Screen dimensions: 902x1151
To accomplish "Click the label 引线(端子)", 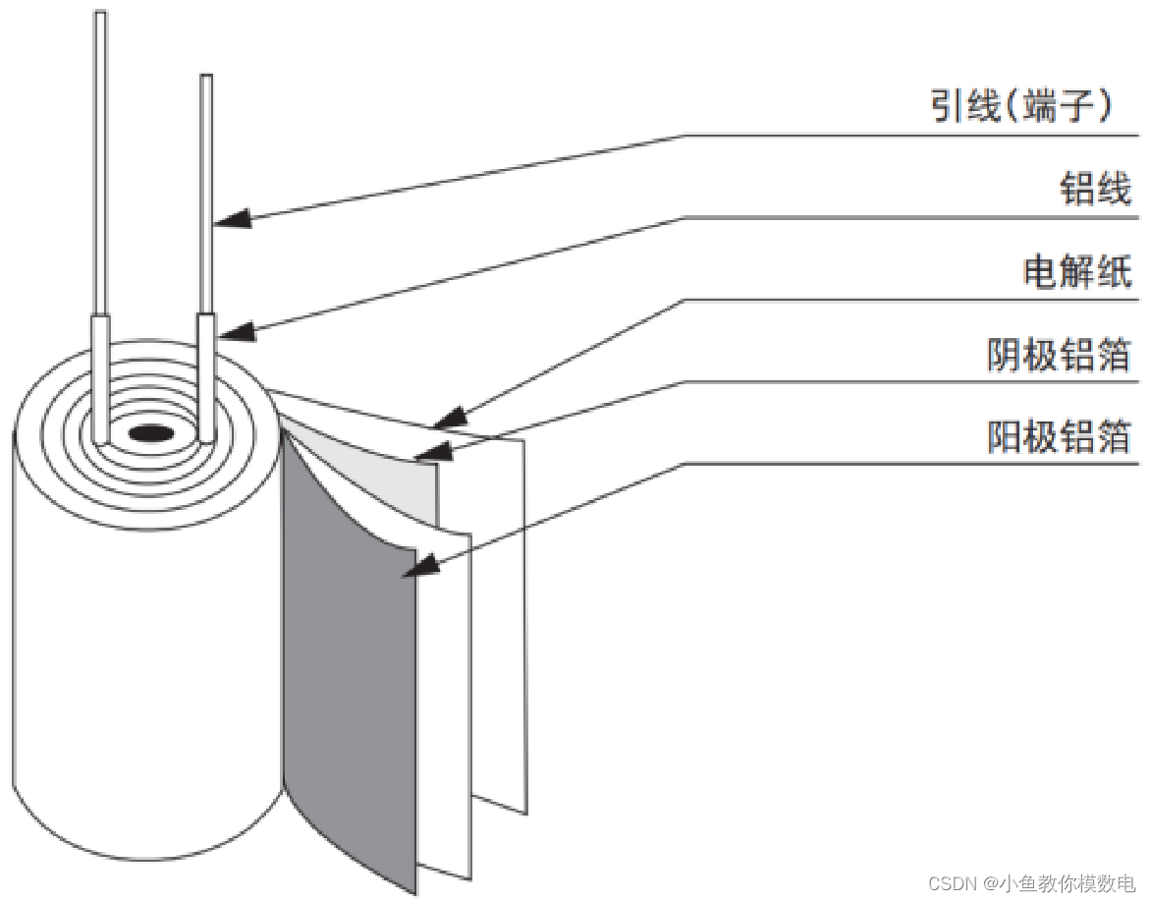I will pos(1020,106).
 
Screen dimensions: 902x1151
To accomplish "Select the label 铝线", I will pos(1095,189).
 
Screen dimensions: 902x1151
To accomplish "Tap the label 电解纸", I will pos(1077,270).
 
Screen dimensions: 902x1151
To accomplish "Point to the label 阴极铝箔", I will pos(1059,354).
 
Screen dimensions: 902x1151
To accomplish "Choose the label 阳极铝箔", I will pos(1059,436).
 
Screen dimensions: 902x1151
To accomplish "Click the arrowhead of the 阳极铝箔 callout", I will pos(424,566).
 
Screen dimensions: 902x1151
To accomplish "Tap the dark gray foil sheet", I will pos(349,668).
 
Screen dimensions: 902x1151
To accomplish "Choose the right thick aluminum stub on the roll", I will pos(206,378).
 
